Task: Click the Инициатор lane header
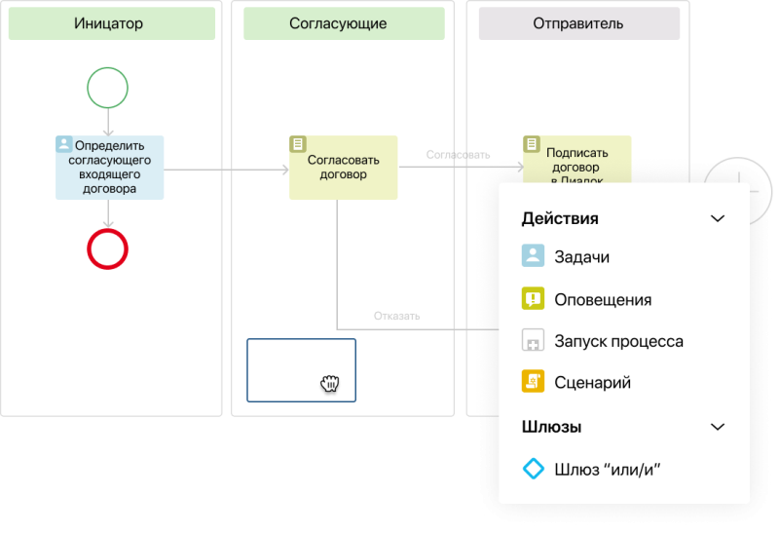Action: [112, 23]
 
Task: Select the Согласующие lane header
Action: [344, 23]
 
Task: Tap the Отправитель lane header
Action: [579, 23]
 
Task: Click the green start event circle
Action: [108, 88]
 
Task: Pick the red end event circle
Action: [108, 249]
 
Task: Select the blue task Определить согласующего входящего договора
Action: [110, 168]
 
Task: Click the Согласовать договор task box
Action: [344, 168]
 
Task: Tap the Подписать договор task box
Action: [577, 160]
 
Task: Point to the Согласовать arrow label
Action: [458, 155]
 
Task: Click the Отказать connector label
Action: [397, 317]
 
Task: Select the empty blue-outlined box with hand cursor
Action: [302, 370]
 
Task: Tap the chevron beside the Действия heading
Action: [718, 219]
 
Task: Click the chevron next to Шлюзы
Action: [718, 427]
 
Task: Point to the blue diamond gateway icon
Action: [533, 469]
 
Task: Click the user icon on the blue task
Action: [64, 144]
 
